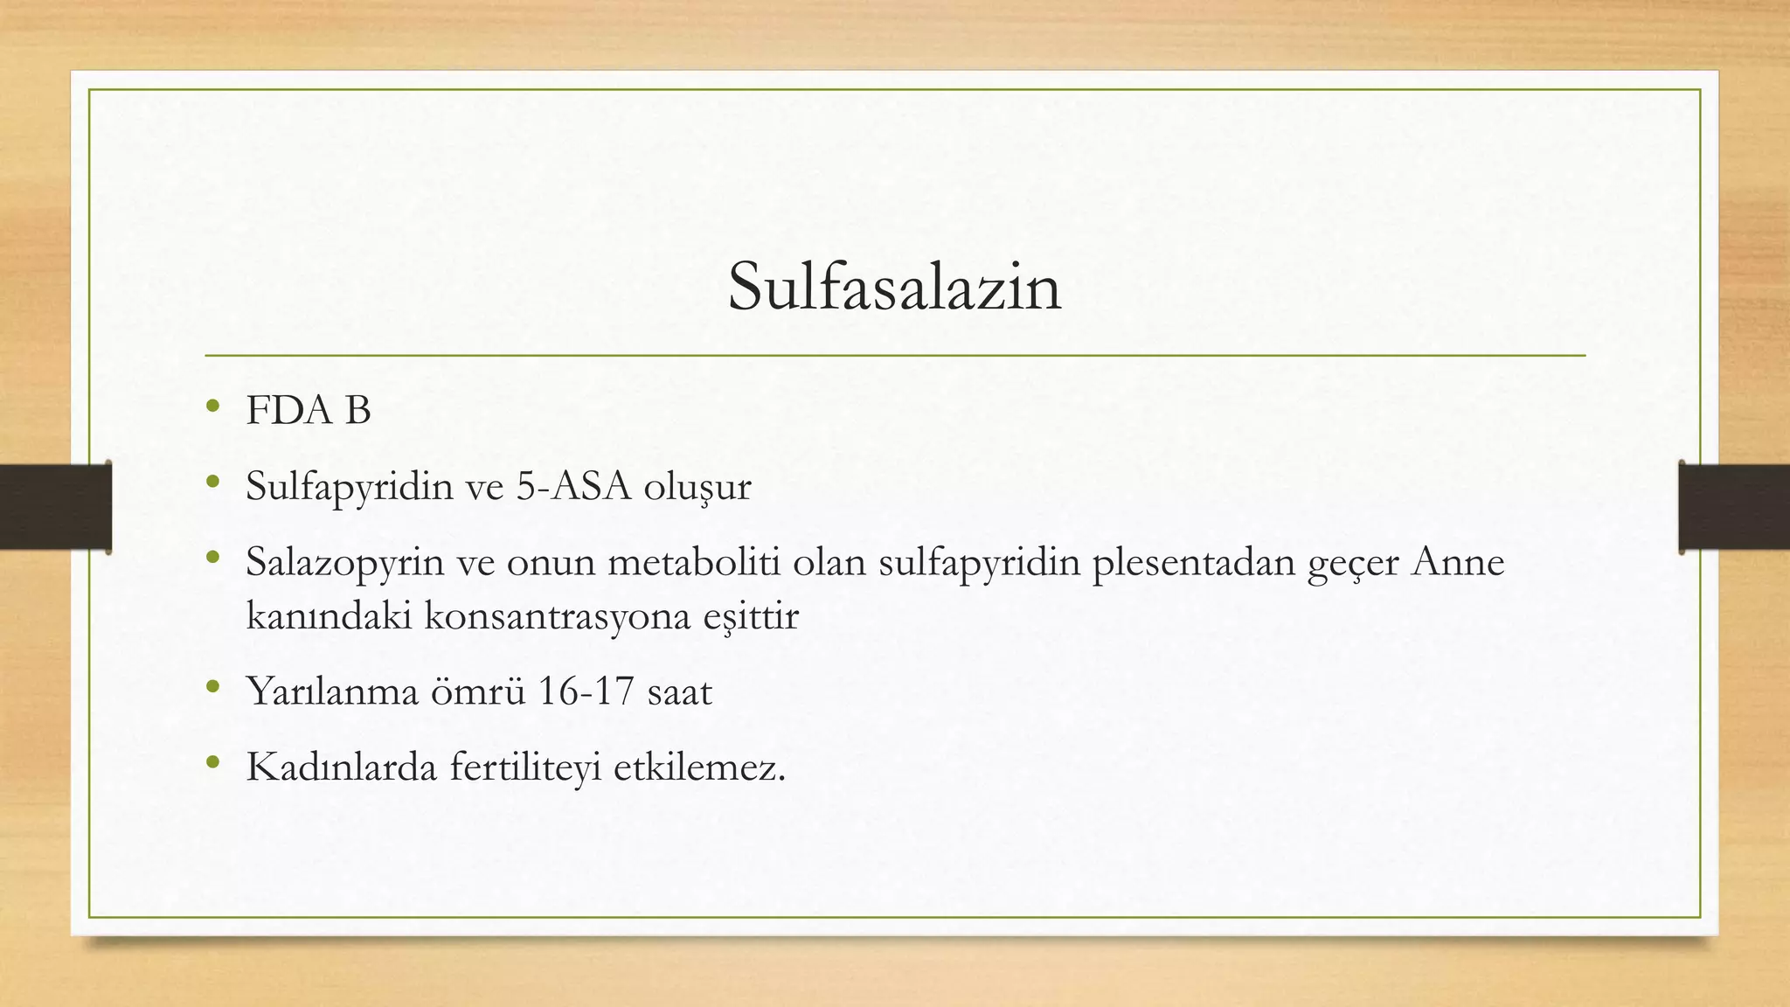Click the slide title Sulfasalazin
click(x=894, y=287)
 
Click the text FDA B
click(x=309, y=410)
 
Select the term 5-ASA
click(x=574, y=486)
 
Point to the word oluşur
click(x=697, y=487)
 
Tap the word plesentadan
click(x=1194, y=562)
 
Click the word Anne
click(x=1458, y=561)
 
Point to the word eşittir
click(x=751, y=615)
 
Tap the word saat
click(x=680, y=691)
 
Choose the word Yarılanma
click(x=332, y=691)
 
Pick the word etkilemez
click(x=699, y=767)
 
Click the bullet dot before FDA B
click(x=212, y=406)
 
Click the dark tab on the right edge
click(x=1734, y=507)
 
